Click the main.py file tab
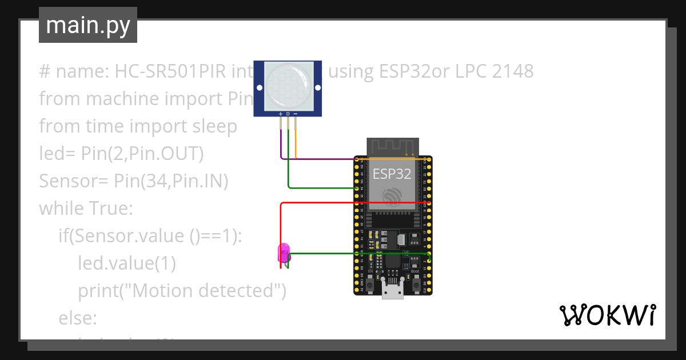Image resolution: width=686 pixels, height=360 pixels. coord(87,25)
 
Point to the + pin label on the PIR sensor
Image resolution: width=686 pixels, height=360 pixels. coord(281,114)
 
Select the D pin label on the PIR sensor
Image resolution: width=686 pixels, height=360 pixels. coord(288,114)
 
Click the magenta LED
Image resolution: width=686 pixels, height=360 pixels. coord(283,252)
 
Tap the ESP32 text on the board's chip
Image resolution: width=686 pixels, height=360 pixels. coord(392,174)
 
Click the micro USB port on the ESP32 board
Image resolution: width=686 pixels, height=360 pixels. coord(392,292)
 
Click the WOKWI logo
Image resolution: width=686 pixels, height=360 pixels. coord(607,315)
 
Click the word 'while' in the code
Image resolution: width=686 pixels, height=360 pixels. coord(62,209)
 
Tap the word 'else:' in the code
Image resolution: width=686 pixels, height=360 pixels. coord(78,318)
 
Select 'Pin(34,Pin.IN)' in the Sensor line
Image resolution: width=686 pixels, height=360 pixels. coord(171,181)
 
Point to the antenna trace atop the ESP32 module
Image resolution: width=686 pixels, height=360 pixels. coord(392,146)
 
